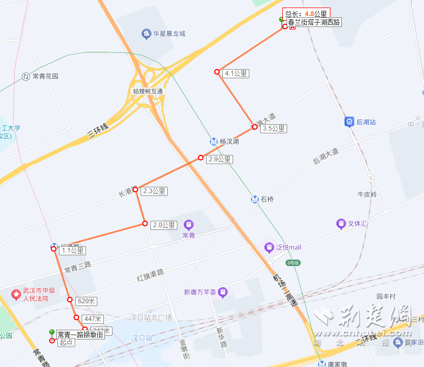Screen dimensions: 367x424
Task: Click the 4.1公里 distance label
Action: [x=236, y=74]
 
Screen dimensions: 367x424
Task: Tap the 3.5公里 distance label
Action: [x=273, y=128]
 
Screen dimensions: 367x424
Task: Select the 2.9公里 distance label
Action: [x=219, y=159]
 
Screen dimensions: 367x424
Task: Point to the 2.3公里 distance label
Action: [x=154, y=191]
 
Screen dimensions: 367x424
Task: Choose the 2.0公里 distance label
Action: [x=164, y=225]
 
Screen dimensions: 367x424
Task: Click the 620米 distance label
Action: [x=87, y=301]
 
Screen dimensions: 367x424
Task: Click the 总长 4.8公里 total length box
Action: [x=306, y=13]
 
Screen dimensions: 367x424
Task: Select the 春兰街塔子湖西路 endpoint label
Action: [x=314, y=22]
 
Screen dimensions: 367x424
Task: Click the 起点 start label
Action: [x=66, y=342]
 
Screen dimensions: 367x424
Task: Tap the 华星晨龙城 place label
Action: [x=169, y=33]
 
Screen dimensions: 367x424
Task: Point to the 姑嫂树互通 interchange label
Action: [x=148, y=91]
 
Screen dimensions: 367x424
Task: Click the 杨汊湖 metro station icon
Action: [x=214, y=141]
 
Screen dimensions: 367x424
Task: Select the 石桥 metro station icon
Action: [x=255, y=199]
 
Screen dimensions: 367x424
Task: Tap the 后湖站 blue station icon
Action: [x=349, y=122]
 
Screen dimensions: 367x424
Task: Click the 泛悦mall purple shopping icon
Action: [x=269, y=247]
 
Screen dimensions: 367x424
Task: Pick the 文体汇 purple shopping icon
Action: [x=341, y=223]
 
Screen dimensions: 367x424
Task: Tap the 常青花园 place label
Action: [x=45, y=76]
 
